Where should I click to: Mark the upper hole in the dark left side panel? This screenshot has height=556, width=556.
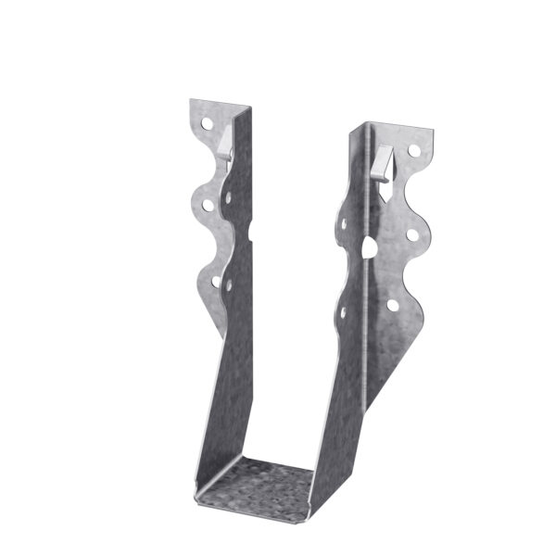point(228,200)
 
